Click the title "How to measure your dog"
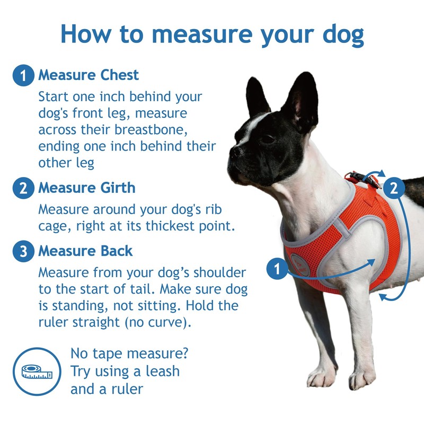(x=212, y=33)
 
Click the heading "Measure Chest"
(x=88, y=75)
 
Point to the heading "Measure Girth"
(x=86, y=188)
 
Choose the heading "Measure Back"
(x=85, y=251)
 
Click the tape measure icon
(x=37, y=372)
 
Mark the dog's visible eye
(x=268, y=139)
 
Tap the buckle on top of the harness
(x=363, y=179)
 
